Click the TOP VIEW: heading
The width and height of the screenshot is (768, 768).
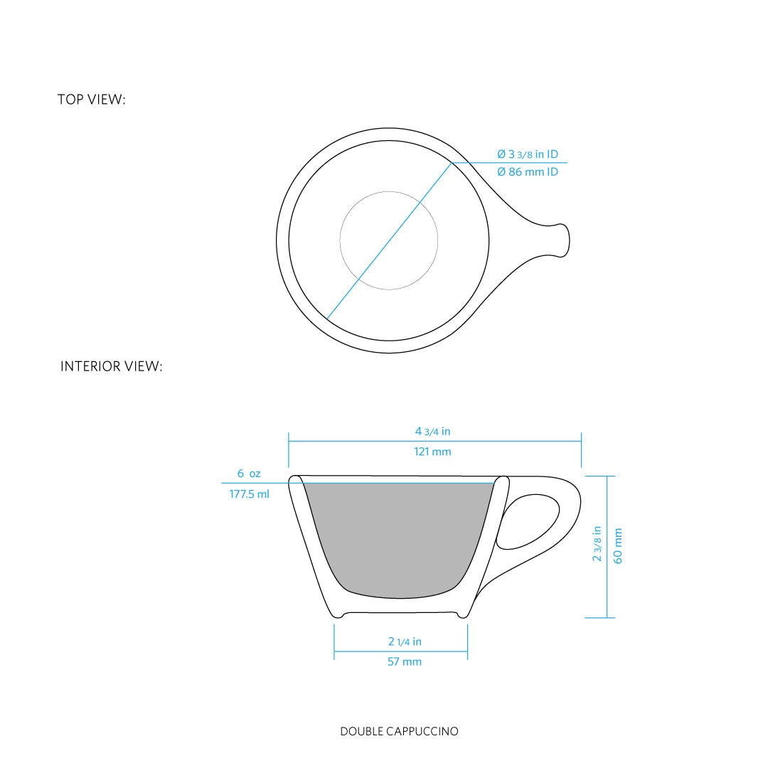click(x=92, y=100)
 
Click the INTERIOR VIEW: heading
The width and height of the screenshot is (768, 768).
click(x=111, y=366)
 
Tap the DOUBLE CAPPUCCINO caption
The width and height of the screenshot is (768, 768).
click(x=399, y=731)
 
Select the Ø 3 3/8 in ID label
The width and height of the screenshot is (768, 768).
click(x=528, y=154)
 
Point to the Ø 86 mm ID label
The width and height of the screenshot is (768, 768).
click(x=528, y=172)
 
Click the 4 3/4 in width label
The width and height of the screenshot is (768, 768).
click(x=432, y=432)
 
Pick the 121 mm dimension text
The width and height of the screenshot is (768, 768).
click(x=432, y=452)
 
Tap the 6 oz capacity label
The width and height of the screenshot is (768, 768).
click(x=249, y=474)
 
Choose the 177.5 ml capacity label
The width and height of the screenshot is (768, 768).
click(x=250, y=494)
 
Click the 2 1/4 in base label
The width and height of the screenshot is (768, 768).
click(x=405, y=641)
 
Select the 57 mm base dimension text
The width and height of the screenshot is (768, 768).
click(x=405, y=662)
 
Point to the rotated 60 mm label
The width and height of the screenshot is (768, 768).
click(x=618, y=545)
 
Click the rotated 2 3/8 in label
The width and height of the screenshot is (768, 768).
click(x=597, y=544)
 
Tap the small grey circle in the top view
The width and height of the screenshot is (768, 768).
click(x=389, y=191)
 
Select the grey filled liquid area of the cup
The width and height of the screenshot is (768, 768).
click(x=399, y=539)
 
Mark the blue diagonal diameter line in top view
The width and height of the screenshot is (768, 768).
click(x=389, y=241)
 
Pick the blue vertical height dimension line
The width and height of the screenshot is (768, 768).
click(x=607, y=547)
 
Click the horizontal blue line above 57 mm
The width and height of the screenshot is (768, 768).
click(x=400, y=651)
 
